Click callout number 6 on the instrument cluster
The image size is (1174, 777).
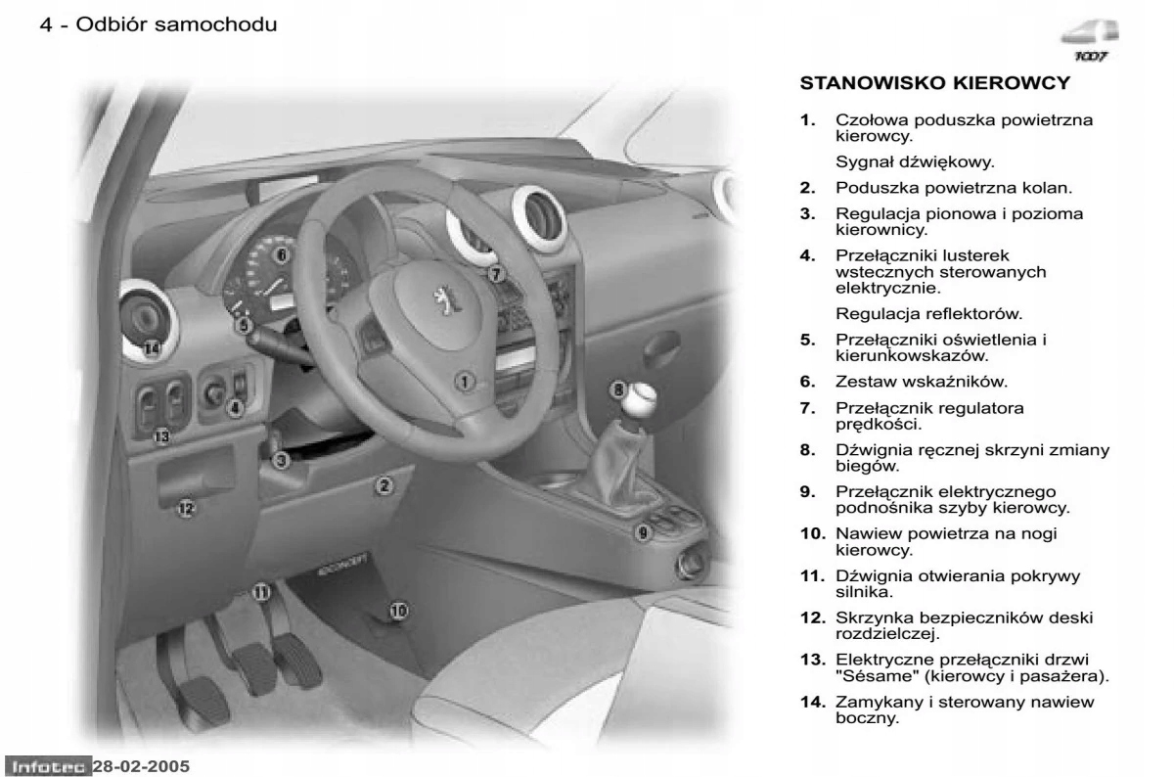281,256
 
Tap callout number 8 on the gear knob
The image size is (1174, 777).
618,389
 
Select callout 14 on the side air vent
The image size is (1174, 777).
151,347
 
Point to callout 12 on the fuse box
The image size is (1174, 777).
186,507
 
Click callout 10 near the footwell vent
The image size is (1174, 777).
398,611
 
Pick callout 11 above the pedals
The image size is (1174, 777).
260,591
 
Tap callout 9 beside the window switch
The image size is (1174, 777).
643,532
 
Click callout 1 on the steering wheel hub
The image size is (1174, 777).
466,380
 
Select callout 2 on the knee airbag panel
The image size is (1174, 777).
384,484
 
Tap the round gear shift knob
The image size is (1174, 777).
642,397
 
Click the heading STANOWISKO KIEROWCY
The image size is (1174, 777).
935,83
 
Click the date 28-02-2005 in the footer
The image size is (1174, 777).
142,764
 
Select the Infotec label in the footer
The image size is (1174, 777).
48,764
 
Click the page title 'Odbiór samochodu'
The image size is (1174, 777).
175,24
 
